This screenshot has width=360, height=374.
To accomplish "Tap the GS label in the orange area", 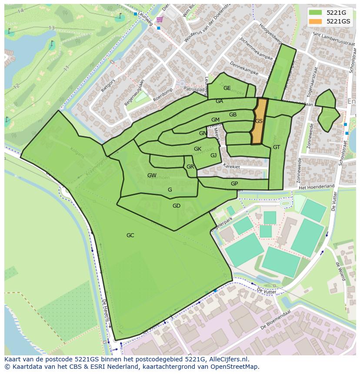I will pos(259,121).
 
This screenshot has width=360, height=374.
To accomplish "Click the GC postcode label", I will pos(130,235).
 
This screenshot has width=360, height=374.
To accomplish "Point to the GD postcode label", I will pos(176,206).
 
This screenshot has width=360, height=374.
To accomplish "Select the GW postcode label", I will pos(152,175).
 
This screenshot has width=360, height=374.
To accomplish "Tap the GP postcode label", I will pos(234,184).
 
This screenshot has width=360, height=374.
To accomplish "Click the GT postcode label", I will pos(277,147).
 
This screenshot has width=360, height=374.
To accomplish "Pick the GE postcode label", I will pos(227,88).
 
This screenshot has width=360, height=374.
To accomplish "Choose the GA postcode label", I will pos(219,101).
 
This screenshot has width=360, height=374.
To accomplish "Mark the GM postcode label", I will pos(215,120).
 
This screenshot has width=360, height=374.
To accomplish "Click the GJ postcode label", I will pos(213,156).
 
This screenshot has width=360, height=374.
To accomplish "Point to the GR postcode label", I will pos(190,167).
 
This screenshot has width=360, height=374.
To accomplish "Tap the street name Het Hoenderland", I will pos(317,187).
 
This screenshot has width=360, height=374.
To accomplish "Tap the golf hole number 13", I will pos(52,28).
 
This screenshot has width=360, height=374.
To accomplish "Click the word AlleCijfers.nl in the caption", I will pos(227,359).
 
